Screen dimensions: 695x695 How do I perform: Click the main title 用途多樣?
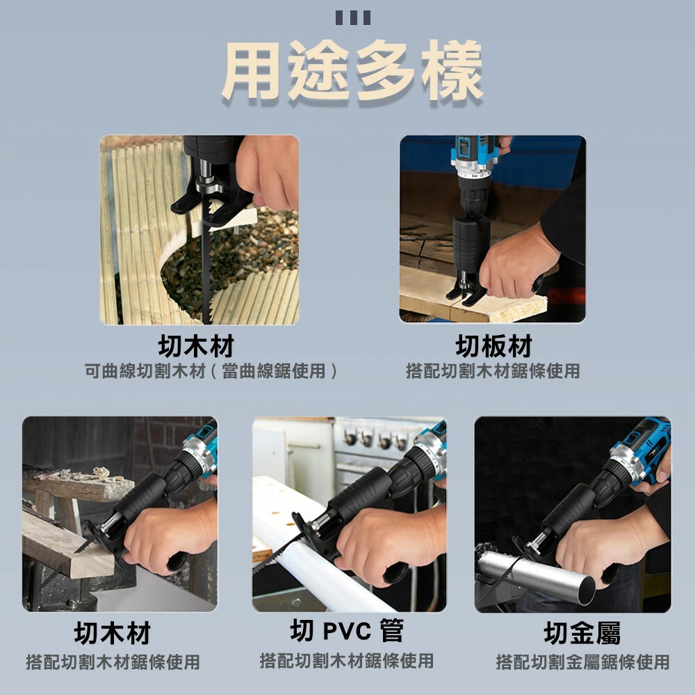[352, 72]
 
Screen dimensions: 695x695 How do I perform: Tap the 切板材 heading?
[493, 345]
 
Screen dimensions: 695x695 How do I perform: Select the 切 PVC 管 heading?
[346, 631]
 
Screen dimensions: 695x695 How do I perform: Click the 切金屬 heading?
[582, 633]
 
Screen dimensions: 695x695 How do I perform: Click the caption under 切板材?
[493, 371]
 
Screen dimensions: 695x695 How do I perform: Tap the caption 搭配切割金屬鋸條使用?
[582, 662]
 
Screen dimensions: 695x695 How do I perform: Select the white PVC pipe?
[306, 549]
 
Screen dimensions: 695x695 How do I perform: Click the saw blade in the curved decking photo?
[206, 278]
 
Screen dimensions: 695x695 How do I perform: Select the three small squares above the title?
[352, 17]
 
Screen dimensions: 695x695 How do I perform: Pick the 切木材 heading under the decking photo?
[195, 345]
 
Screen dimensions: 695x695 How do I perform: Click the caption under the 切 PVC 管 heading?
[346, 660]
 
